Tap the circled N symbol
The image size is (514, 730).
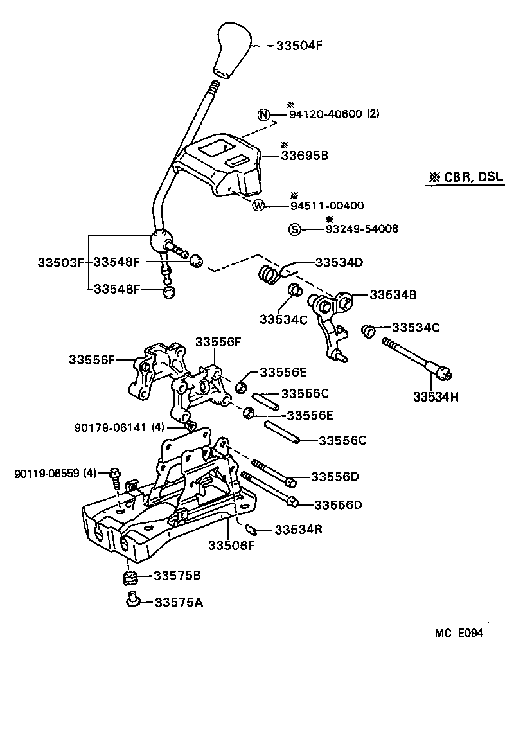point(263,115)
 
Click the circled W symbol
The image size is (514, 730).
point(258,206)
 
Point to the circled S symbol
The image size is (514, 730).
point(294,229)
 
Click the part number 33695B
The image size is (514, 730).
point(305,155)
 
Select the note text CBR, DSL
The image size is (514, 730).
point(465,179)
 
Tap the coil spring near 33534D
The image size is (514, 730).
point(268,274)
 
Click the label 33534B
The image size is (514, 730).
point(393,295)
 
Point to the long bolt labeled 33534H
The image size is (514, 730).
point(418,358)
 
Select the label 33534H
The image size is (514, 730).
point(436,396)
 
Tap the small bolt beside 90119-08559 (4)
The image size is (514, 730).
point(115,476)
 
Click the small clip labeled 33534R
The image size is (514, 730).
point(252,530)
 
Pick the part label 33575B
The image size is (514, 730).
point(177,576)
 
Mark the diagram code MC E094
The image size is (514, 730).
point(458,632)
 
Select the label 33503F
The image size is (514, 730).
point(60,262)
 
